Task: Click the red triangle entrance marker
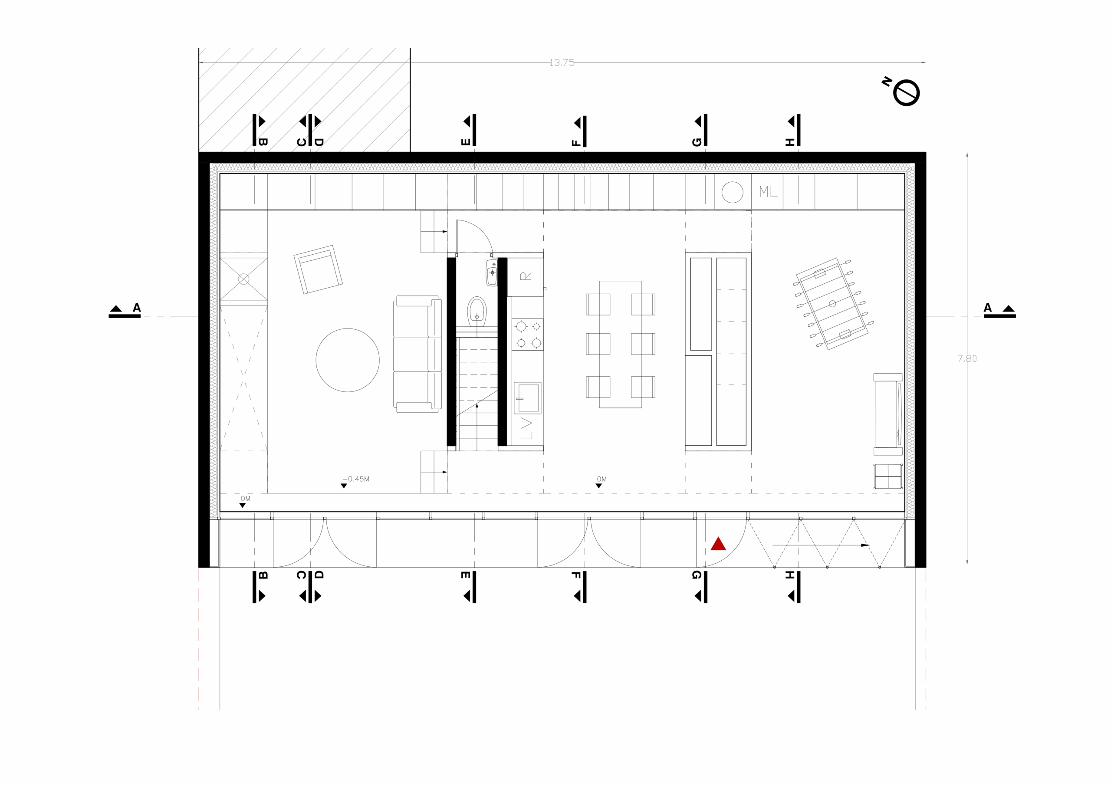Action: [718, 545]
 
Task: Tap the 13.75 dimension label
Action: [562, 62]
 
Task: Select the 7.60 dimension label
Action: [967, 358]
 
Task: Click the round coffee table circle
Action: [348, 360]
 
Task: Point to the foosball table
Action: [832, 303]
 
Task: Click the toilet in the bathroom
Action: [477, 312]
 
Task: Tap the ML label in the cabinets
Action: [768, 192]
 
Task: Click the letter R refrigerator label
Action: [526, 276]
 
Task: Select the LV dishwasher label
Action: [526, 429]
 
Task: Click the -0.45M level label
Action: [357, 479]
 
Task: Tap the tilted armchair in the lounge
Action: [318, 269]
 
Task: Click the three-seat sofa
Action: [417, 354]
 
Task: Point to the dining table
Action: [620, 345]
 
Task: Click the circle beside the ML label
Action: [732, 192]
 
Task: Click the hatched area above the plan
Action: [304, 99]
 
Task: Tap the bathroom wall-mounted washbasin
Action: [492, 273]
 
